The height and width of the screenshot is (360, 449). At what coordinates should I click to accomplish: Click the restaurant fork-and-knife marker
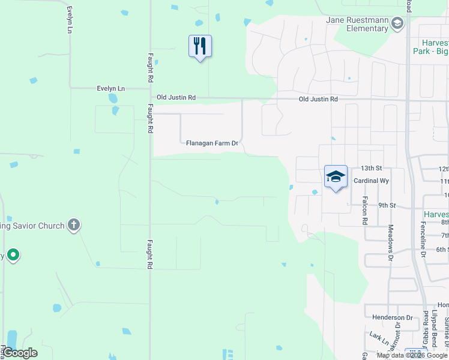point(200,46)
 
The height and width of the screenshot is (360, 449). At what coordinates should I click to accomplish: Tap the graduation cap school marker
point(336,176)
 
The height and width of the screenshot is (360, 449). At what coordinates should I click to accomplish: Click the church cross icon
point(73,226)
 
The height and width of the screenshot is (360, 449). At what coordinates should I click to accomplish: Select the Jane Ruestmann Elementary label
point(357,24)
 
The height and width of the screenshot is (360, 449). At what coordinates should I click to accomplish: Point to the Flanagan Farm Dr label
point(212,143)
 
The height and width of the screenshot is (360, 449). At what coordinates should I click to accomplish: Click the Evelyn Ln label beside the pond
point(110,88)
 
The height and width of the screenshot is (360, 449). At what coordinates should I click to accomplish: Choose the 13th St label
point(371,169)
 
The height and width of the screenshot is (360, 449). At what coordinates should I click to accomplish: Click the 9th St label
point(387,205)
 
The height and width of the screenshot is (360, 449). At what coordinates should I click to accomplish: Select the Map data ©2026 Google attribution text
point(412,355)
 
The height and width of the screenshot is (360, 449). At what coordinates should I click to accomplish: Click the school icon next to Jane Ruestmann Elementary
point(396,23)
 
